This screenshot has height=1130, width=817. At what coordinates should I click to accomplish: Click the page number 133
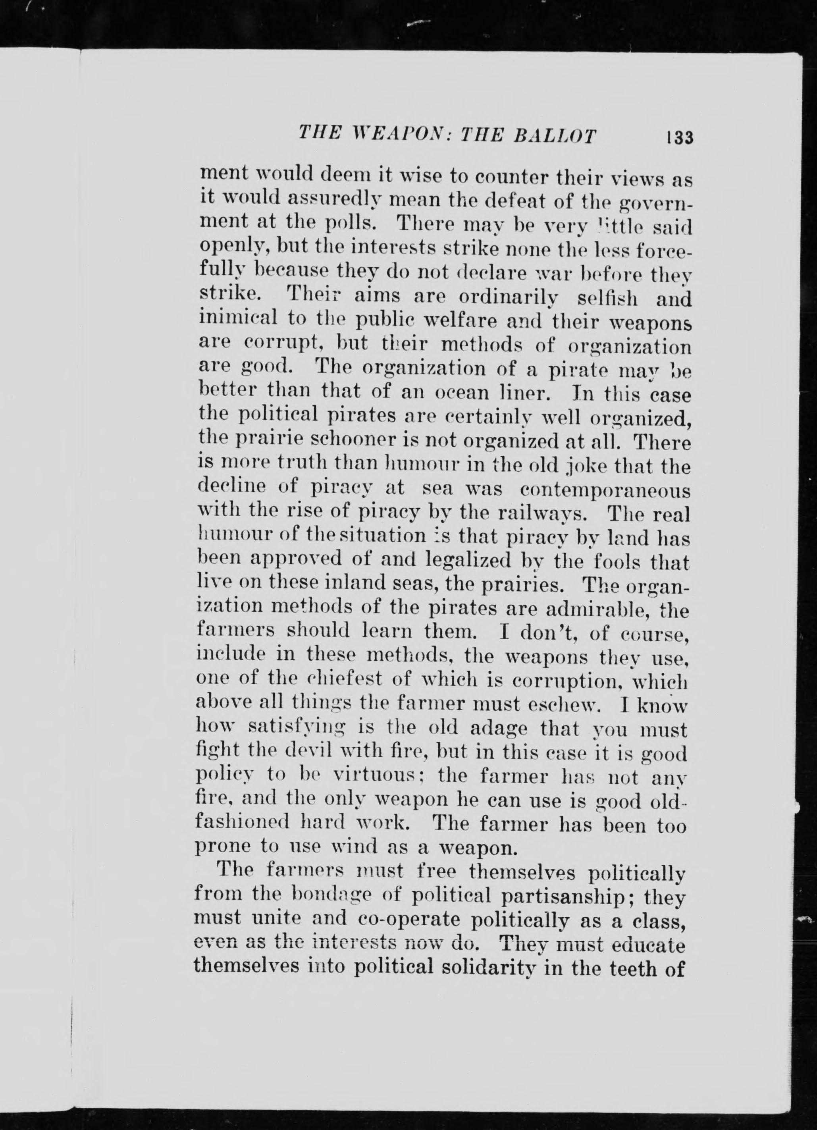pyautogui.click(x=680, y=137)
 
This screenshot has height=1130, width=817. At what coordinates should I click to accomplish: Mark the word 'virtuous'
pyautogui.click(x=374, y=777)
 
